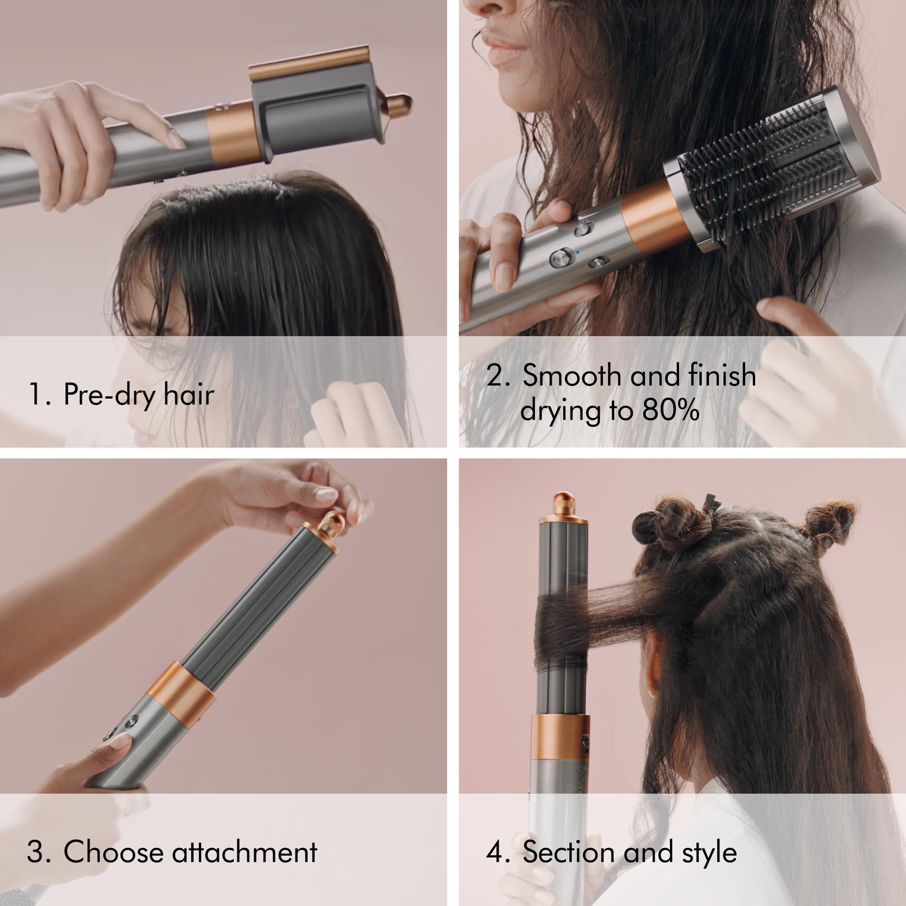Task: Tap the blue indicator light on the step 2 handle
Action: (x=577, y=252)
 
